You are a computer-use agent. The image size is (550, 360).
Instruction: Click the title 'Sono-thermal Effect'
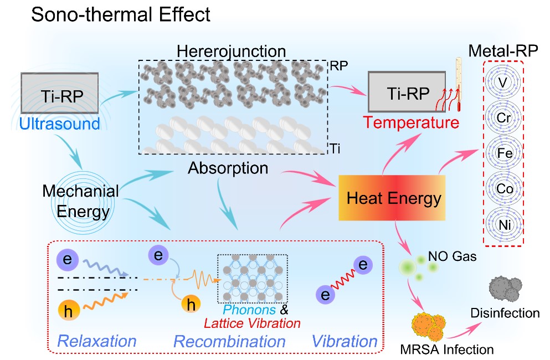pyautogui.click(x=121, y=14)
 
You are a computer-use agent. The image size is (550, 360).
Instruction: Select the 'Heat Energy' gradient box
pyautogui.click(x=394, y=198)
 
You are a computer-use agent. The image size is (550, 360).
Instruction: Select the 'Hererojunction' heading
pyautogui.click(x=232, y=52)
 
